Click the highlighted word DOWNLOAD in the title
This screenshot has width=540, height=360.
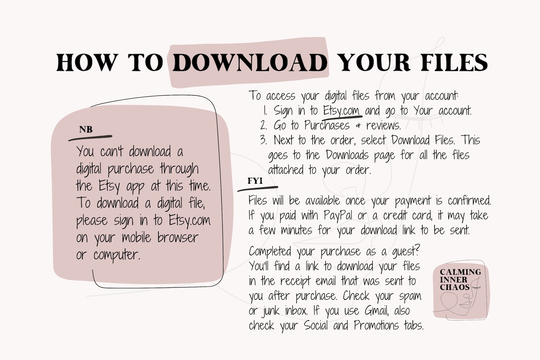(x=250, y=63)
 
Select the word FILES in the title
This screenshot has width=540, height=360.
(x=454, y=63)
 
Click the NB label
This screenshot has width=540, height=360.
(x=86, y=130)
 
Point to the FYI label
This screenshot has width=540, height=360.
(x=255, y=181)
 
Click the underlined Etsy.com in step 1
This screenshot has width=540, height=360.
(x=341, y=111)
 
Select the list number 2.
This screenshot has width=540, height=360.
(x=263, y=125)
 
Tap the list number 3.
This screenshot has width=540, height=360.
(x=263, y=140)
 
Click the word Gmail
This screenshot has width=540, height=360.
(x=376, y=311)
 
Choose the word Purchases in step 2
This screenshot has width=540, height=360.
(x=327, y=125)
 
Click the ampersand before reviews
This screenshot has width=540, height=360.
(x=358, y=126)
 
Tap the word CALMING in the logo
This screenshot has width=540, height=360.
(x=460, y=272)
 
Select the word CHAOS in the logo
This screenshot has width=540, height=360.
(x=455, y=287)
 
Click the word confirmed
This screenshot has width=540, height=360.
(x=469, y=201)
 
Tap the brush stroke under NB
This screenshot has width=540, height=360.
(x=90, y=138)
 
